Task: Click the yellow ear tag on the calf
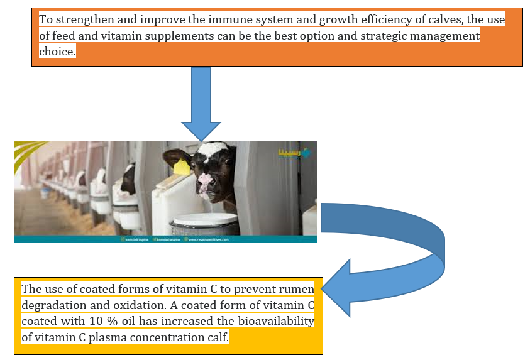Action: (x=181, y=166)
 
